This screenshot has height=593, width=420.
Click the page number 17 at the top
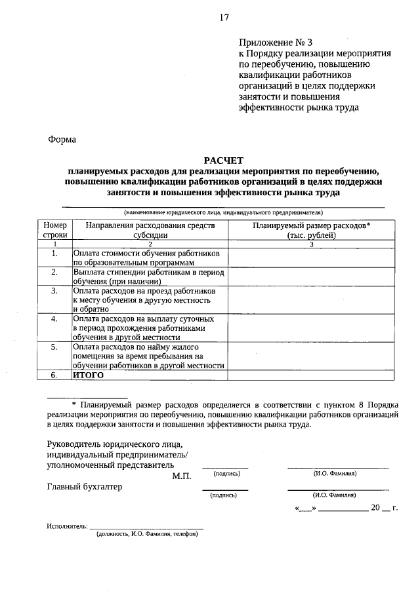(x=224, y=18)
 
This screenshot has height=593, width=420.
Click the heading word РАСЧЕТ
(x=223, y=159)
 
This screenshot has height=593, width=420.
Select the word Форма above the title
(x=62, y=139)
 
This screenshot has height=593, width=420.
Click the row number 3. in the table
(x=55, y=290)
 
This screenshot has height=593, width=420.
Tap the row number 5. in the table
(x=55, y=347)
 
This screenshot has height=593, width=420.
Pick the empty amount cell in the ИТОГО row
(x=312, y=375)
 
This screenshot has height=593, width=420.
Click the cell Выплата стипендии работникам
(x=150, y=277)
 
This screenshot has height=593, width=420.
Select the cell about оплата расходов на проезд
(x=150, y=299)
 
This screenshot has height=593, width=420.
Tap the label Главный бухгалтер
(x=85, y=487)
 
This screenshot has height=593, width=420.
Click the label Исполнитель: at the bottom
(x=67, y=526)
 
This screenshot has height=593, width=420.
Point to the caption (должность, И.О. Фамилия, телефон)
(x=146, y=535)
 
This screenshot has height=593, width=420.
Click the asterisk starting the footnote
(x=74, y=405)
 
